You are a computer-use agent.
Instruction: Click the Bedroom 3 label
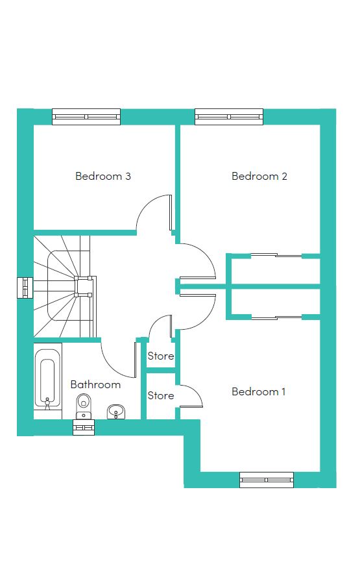pos(103,176)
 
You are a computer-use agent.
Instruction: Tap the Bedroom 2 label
pos(259,176)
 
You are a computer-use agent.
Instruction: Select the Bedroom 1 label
pos(259,391)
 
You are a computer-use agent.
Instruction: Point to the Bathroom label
pos(95,384)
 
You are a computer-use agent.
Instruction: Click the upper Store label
pos(161,356)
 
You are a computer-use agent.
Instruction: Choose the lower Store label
pos(161,395)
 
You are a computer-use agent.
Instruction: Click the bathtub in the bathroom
pos(47,379)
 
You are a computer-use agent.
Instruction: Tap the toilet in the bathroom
pos(84,406)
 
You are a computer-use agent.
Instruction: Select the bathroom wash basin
pos(117,412)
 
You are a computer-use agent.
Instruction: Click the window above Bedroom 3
pos(86,117)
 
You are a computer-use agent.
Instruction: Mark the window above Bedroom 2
pos(229,117)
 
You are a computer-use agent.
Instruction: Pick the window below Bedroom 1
pos(267,480)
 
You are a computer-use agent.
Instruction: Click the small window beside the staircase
pos(25,288)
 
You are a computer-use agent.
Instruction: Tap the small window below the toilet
pos(84,428)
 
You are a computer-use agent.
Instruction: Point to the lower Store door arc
pos(195,392)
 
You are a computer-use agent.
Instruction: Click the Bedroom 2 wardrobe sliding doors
pos(276,255)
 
